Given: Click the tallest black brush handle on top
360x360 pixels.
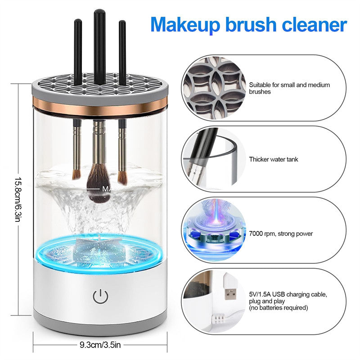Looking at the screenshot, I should pos(99,45).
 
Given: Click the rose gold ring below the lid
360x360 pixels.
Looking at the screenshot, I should pos(100,108).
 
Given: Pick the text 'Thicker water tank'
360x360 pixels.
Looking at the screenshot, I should pos(273,159).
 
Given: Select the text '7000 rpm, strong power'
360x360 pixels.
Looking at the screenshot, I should pos(281,234).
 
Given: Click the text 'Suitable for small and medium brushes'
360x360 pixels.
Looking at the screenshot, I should pos(289,88).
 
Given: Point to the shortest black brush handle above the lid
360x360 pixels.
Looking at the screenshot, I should pos(78,52).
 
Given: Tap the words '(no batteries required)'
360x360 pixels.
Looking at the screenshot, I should pos(278,308).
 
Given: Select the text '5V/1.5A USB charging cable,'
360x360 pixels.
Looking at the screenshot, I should pos(288,294).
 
